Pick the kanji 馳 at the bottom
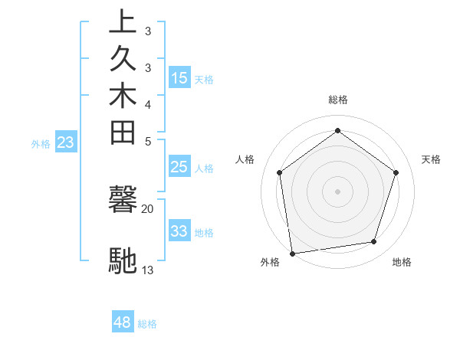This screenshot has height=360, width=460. (x=123, y=260)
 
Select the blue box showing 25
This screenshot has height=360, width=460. (x=179, y=167)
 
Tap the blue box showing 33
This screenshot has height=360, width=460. (x=179, y=231)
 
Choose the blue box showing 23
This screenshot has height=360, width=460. (x=66, y=142)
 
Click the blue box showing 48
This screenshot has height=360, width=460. (x=123, y=322)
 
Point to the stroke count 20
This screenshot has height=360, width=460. (x=148, y=208)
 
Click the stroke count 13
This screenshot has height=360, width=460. (x=148, y=270)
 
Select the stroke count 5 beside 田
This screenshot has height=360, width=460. (x=148, y=141)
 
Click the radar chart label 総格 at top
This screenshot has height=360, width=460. (x=338, y=100)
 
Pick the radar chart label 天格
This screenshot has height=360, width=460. (x=432, y=159)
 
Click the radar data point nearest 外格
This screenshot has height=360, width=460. (x=292, y=253)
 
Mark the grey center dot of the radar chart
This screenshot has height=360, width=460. (x=337, y=191)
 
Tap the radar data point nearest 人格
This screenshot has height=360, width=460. (x=279, y=172)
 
